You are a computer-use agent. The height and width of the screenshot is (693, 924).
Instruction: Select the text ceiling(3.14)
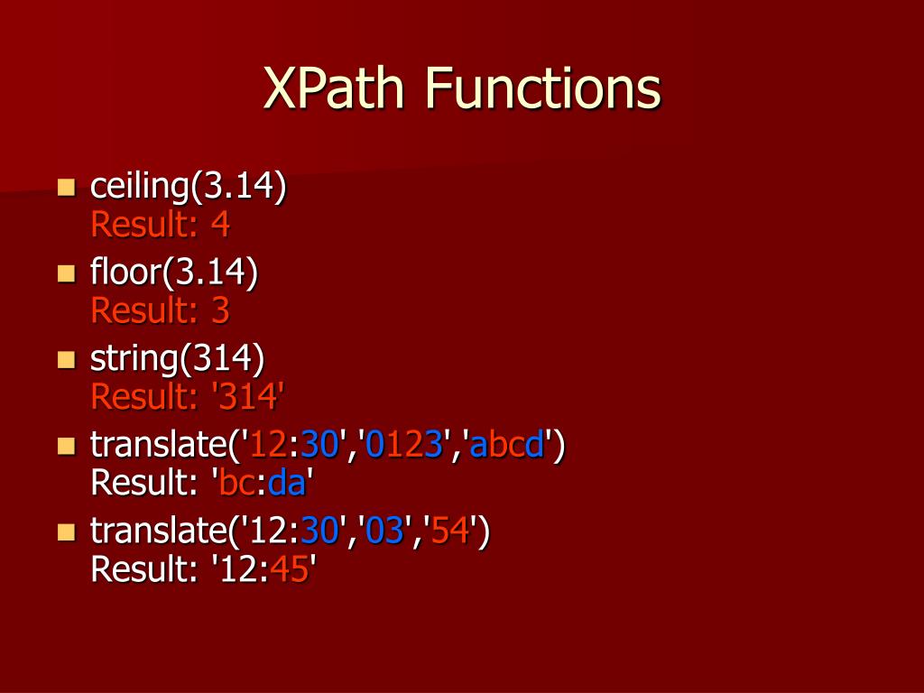point(188,187)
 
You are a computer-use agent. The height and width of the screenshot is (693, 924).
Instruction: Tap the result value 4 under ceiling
point(220,224)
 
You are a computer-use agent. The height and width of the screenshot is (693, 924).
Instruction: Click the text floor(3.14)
point(174,273)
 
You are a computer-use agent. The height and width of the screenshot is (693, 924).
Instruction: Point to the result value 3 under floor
point(220,310)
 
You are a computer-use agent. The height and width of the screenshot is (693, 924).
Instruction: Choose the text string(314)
point(177,358)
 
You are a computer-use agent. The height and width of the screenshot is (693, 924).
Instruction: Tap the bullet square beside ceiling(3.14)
point(66,188)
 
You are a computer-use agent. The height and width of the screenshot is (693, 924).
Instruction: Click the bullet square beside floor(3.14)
point(66,273)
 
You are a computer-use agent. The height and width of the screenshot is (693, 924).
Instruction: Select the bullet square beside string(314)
point(66,359)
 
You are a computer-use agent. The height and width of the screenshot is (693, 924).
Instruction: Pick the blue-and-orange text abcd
point(507,445)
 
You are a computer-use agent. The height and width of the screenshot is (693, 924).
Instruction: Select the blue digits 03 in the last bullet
point(383,531)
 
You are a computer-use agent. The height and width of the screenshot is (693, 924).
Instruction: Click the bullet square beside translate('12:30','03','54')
point(66,531)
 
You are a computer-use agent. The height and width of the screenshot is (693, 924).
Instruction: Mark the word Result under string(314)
point(135,396)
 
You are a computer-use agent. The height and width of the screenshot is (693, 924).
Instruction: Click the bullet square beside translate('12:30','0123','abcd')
point(66,446)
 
